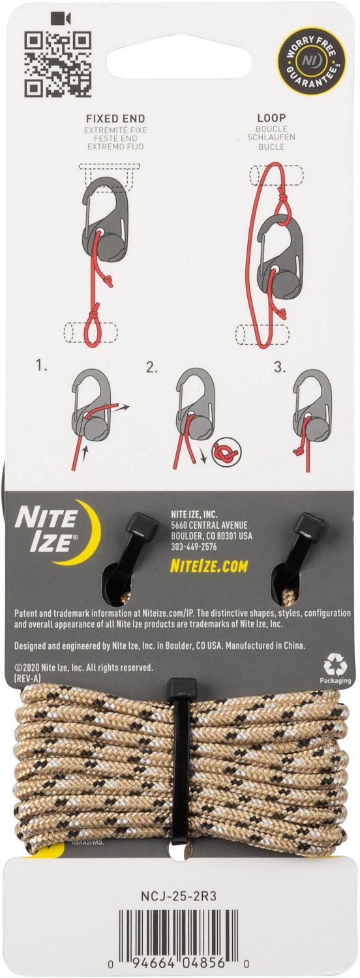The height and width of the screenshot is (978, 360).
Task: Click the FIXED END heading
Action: [x=115, y=120]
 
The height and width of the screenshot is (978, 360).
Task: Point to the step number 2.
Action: [x=152, y=368]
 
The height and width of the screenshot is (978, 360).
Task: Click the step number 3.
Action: [x=280, y=368]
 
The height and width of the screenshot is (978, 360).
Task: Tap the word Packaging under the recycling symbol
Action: [x=335, y=680]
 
